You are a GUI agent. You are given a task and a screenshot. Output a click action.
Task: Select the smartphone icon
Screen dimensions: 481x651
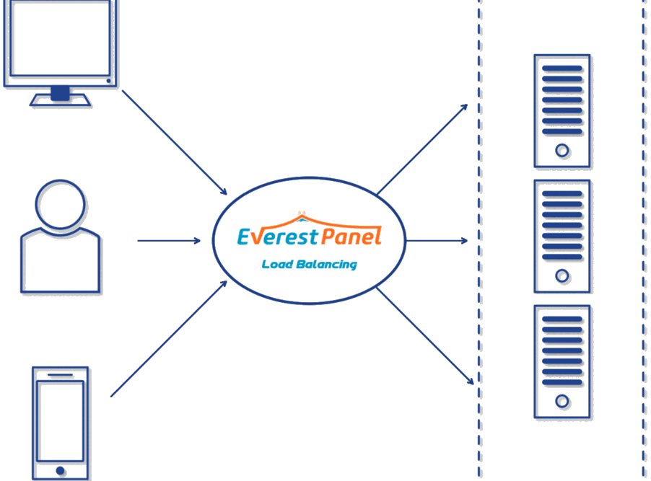pyautogui.click(x=61, y=423)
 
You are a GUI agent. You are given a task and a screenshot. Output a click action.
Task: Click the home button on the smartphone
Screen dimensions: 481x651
pyautogui.click(x=61, y=470)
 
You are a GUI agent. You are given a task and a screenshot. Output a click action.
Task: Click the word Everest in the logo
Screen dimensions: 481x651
pyautogui.click(x=278, y=236)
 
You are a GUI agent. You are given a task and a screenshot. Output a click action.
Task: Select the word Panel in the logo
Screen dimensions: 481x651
pyautogui.click(x=351, y=236)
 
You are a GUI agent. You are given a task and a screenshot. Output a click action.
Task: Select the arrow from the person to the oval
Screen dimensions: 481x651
pyautogui.click(x=169, y=241)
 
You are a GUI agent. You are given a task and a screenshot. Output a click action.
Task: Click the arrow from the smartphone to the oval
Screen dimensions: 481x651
pyautogui.click(x=169, y=338)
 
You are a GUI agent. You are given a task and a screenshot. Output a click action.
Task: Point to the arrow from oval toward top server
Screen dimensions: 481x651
pyautogui.click(x=422, y=149)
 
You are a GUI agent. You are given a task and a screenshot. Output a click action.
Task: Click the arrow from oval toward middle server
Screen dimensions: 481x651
pyautogui.click(x=437, y=241)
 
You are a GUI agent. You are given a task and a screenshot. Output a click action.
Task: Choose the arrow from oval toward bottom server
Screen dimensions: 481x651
pyautogui.click(x=425, y=336)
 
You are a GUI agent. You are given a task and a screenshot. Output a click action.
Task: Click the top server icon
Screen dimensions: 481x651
pyautogui.click(x=562, y=111)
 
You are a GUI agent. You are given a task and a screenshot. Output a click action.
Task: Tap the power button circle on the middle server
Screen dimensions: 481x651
pyautogui.click(x=562, y=276)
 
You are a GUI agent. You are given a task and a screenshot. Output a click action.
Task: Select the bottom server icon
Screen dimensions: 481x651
pyautogui.click(x=562, y=361)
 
